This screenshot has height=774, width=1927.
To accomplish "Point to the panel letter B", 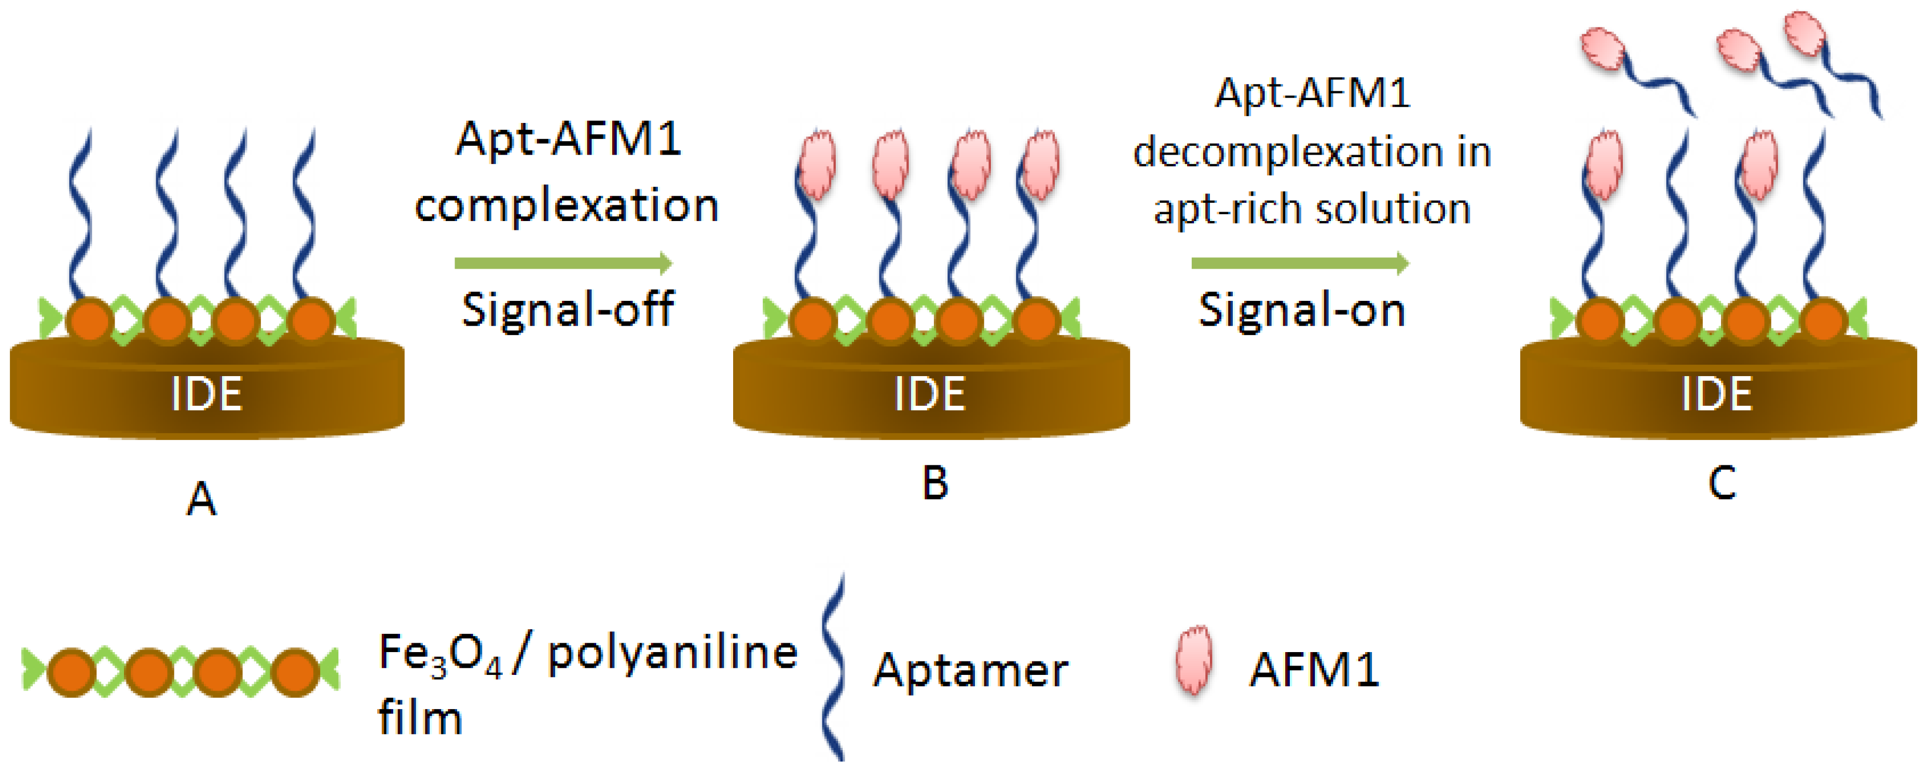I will (935, 482).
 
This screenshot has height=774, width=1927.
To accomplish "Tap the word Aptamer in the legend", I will (970, 670).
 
